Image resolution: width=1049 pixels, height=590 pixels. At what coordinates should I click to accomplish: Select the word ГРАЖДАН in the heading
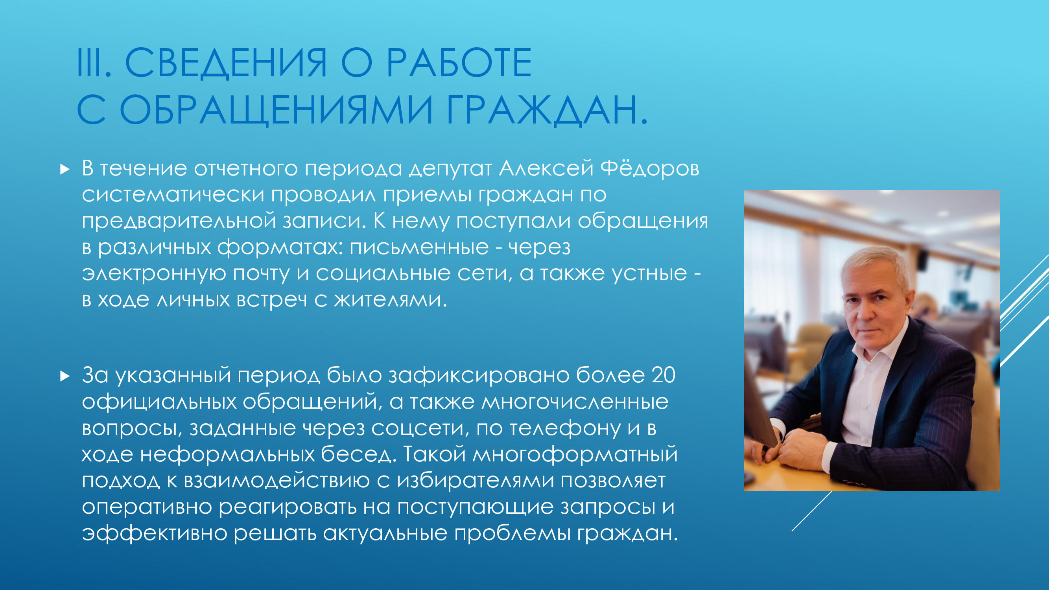click(542, 110)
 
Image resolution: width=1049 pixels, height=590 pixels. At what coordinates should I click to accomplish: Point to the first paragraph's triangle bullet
click(65, 169)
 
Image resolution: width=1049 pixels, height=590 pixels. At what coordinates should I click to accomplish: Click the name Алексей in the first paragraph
click(546, 169)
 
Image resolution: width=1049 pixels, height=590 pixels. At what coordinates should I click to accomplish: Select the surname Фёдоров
click(650, 169)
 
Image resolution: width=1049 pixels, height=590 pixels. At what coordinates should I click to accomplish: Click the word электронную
click(154, 273)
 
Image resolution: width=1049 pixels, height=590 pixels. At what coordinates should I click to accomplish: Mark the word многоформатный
click(575, 454)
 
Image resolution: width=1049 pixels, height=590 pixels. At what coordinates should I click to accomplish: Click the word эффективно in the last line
click(155, 533)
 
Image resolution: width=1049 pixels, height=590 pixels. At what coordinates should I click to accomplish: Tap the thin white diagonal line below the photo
click(811, 511)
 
